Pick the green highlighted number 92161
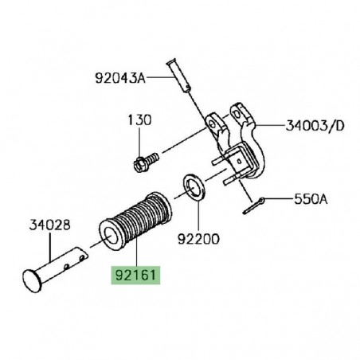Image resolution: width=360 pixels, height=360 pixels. point(135,280)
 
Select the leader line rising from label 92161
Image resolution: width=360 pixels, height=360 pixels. point(135,256)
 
